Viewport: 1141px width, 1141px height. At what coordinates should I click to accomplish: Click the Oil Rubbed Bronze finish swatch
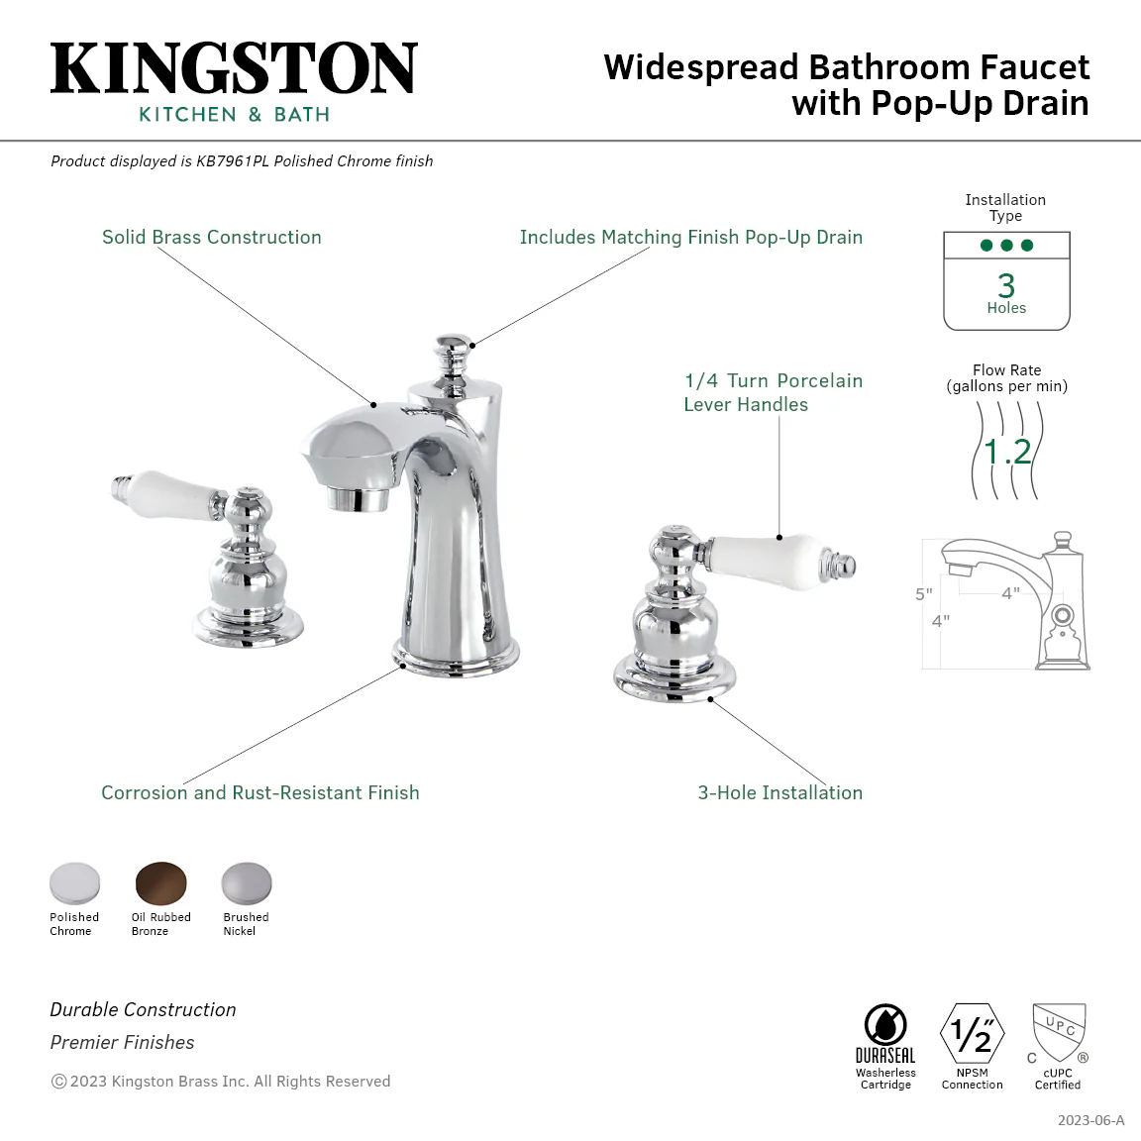point(160,883)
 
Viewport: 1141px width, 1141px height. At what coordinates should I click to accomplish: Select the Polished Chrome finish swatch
point(75,883)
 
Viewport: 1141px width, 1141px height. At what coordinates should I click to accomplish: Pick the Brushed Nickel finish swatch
point(247,883)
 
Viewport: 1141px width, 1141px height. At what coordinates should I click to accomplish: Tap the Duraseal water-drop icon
point(885,1024)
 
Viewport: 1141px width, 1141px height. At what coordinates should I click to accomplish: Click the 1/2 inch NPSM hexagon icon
point(973,1033)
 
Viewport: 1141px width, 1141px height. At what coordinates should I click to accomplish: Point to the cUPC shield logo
point(1059,1033)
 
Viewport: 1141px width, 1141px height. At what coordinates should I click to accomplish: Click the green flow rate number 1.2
point(1007,452)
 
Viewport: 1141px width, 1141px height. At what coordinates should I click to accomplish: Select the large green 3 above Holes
point(1006,285)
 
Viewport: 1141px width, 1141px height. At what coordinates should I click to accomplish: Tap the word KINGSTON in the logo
point(234,68)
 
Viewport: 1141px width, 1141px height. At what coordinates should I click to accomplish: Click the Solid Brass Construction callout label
point(212,238)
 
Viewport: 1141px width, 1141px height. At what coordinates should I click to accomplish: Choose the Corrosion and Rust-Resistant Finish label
point(260,792)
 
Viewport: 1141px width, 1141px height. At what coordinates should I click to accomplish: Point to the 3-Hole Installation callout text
point(780,792)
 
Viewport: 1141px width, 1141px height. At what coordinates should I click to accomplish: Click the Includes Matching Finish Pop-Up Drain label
point(691,238)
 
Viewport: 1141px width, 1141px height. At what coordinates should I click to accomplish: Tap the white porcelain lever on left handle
point(175,489)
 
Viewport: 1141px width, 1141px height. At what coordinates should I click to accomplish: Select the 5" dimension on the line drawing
point(923,594)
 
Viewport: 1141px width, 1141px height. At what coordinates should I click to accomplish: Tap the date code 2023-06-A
point(1090,1120)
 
